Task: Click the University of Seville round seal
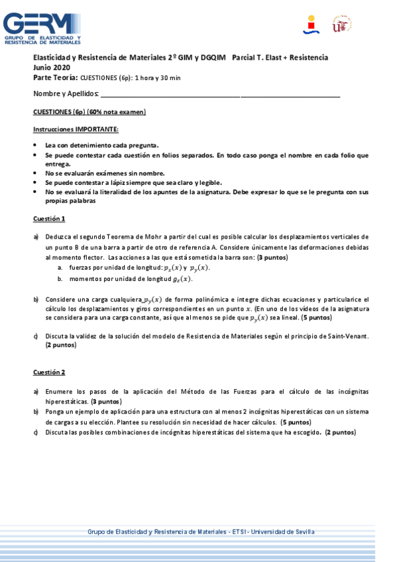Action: [x=341, y=25]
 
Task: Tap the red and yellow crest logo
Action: [x=311, y=25]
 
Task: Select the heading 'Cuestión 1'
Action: [x=49, y=219]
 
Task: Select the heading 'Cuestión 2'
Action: [x=49, y=372]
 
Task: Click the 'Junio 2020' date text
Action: [x=52, y=68]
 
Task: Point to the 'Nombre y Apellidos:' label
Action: [x=66, y=93]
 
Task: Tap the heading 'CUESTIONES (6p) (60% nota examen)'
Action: [x=89, y=111]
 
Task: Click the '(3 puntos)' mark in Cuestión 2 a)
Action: [x=106, y=402]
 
